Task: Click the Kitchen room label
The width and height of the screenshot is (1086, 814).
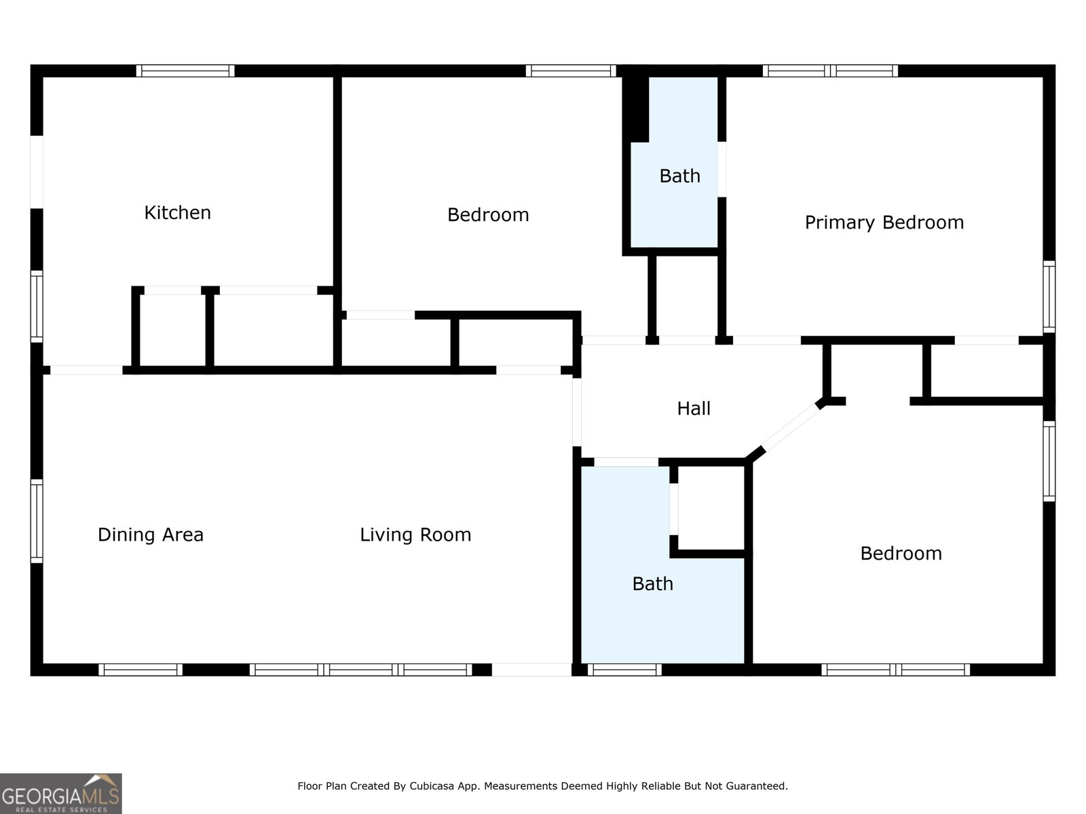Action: click(178, 213)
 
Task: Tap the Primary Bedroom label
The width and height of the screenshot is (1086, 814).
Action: click(884, 223)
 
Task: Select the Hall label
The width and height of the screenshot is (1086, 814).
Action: click(694, 409)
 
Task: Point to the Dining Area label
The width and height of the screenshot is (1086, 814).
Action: click(151, 535)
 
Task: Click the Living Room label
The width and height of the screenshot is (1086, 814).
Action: click(415, 535)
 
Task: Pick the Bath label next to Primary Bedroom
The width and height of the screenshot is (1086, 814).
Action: click(680, 176)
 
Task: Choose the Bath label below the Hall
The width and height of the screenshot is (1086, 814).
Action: click(652, 584)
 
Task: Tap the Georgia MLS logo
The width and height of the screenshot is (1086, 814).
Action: click(61, 793)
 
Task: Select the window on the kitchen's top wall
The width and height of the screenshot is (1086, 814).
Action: click(185, 71)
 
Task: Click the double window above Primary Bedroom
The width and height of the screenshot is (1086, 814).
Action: click(830, 71)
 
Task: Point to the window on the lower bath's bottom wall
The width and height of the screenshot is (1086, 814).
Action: click(624, 670)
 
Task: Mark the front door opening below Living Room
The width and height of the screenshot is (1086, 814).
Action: click(532, 670)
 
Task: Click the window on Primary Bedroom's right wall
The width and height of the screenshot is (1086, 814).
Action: click(1049, 296)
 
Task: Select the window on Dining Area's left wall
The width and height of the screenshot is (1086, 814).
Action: click(37, 521)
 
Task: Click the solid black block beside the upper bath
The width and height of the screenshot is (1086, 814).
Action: click(636, 109)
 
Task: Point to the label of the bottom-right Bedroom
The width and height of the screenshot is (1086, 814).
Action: click(901, 554)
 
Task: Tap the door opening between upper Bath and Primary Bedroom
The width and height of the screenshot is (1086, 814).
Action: click(722, 170)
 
